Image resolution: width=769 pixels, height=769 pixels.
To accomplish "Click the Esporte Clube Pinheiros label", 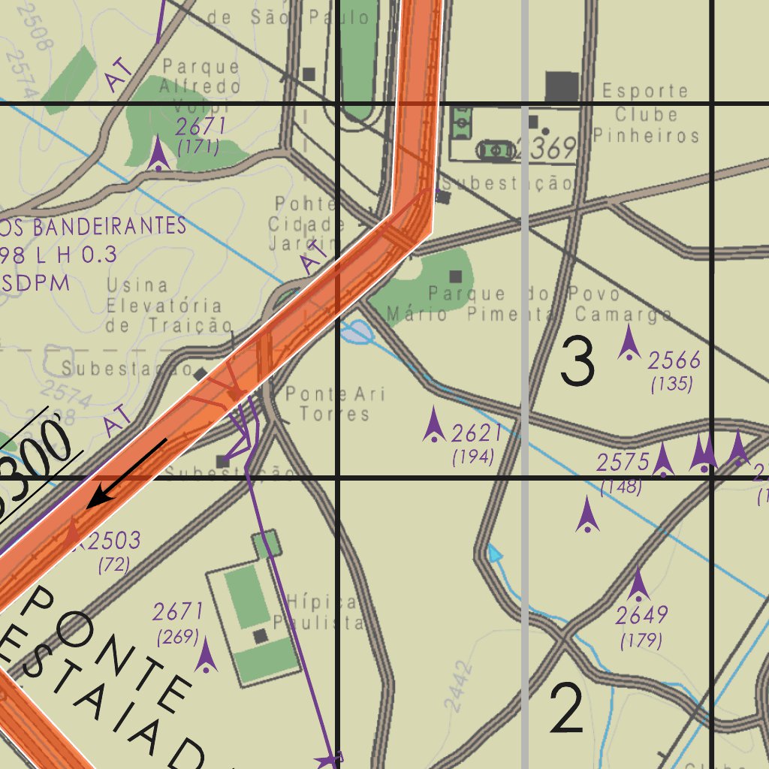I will click(646, 113).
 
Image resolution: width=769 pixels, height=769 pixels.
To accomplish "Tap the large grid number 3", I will click(578, 362).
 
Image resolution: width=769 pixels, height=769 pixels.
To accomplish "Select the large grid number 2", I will click(566, 710).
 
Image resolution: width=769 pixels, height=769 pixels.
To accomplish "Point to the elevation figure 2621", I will click(476, 433).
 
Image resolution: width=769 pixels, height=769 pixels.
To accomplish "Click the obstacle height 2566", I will click(674, 361).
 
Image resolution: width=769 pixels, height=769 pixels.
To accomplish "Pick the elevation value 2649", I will click(641, 616).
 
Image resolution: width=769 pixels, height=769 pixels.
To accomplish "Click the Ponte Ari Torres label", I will click(335, 404).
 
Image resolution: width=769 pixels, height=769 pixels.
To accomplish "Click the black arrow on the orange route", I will click(127, 473).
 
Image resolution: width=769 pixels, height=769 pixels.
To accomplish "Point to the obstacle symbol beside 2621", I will click(434, 426).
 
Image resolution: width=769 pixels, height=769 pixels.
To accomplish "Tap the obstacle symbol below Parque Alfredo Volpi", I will click(158, 155).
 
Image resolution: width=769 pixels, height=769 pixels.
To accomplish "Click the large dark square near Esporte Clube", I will click(562, 87).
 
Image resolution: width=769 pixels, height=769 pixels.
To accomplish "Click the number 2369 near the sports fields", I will click(545, 149).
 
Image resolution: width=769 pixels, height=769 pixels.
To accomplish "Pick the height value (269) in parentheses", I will click(177, 638).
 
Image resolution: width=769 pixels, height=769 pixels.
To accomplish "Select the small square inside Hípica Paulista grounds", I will click(261, 637).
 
